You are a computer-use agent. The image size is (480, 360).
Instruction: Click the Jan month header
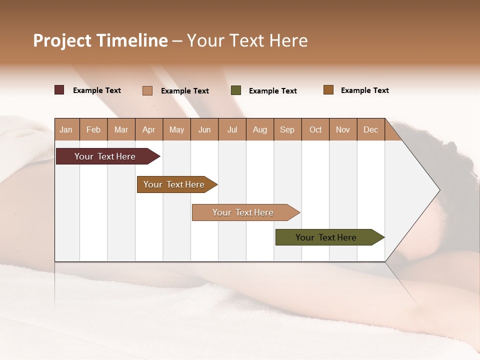tap(66, 129)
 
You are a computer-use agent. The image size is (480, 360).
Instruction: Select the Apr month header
tap(149, 129)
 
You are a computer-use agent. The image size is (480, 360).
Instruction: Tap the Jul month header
tap(232, 129)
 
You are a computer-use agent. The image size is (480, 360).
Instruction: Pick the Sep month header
tap(287, 129)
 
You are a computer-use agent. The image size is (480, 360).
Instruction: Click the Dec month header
tap(371, 129)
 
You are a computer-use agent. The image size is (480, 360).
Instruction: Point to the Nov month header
tap(343, 129)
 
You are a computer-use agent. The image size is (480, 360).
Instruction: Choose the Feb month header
tap(93, 129)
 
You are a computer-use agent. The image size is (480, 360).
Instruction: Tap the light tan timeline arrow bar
tap(243, 212)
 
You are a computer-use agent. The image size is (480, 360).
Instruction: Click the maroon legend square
tap(59, 90)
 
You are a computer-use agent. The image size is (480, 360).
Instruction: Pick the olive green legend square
tap(236, 90)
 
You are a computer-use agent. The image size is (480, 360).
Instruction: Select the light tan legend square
tap(147, 90)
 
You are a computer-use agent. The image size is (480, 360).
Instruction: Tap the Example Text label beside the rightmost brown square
tap(364, 90)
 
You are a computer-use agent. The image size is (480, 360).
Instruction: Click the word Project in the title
tap(62, 40)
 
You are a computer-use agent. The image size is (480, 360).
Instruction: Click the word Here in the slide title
tap(288, 40)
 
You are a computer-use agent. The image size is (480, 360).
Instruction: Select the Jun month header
tap(204, 129)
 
